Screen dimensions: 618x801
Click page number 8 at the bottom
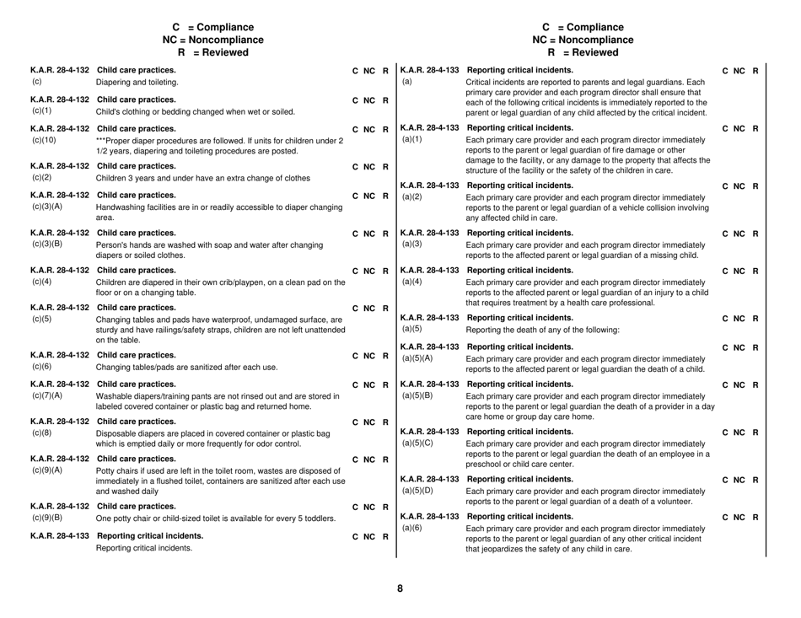(400, 588)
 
